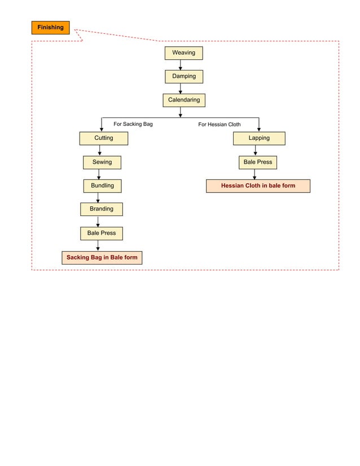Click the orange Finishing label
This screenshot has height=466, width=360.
[50, 28]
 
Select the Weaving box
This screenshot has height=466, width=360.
[183, 53]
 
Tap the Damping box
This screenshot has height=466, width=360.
[183, 77]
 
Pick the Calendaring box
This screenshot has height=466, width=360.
[183, 100]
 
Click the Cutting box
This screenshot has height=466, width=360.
[103, 138]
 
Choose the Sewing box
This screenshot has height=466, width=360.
[102, 162]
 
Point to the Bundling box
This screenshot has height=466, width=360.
[102, 186]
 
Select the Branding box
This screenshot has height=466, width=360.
[101, 209]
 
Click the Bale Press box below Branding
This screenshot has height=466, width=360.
[101, 233]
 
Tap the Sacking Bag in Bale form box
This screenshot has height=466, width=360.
[102, 258]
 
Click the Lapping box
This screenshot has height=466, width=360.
[259, 138]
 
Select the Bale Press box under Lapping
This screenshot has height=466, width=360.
[257, 162]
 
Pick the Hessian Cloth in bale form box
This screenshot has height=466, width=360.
[258, 186]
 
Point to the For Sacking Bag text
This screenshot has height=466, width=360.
[133, 124]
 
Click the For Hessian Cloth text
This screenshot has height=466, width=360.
[219, 125]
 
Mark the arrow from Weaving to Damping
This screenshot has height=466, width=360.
[181, 65]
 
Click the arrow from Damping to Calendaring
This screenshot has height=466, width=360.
[181, 89]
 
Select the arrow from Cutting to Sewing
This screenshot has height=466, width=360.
[100, 151]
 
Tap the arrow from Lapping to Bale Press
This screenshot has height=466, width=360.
[255, 151]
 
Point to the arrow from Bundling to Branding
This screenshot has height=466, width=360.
[98, 197]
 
